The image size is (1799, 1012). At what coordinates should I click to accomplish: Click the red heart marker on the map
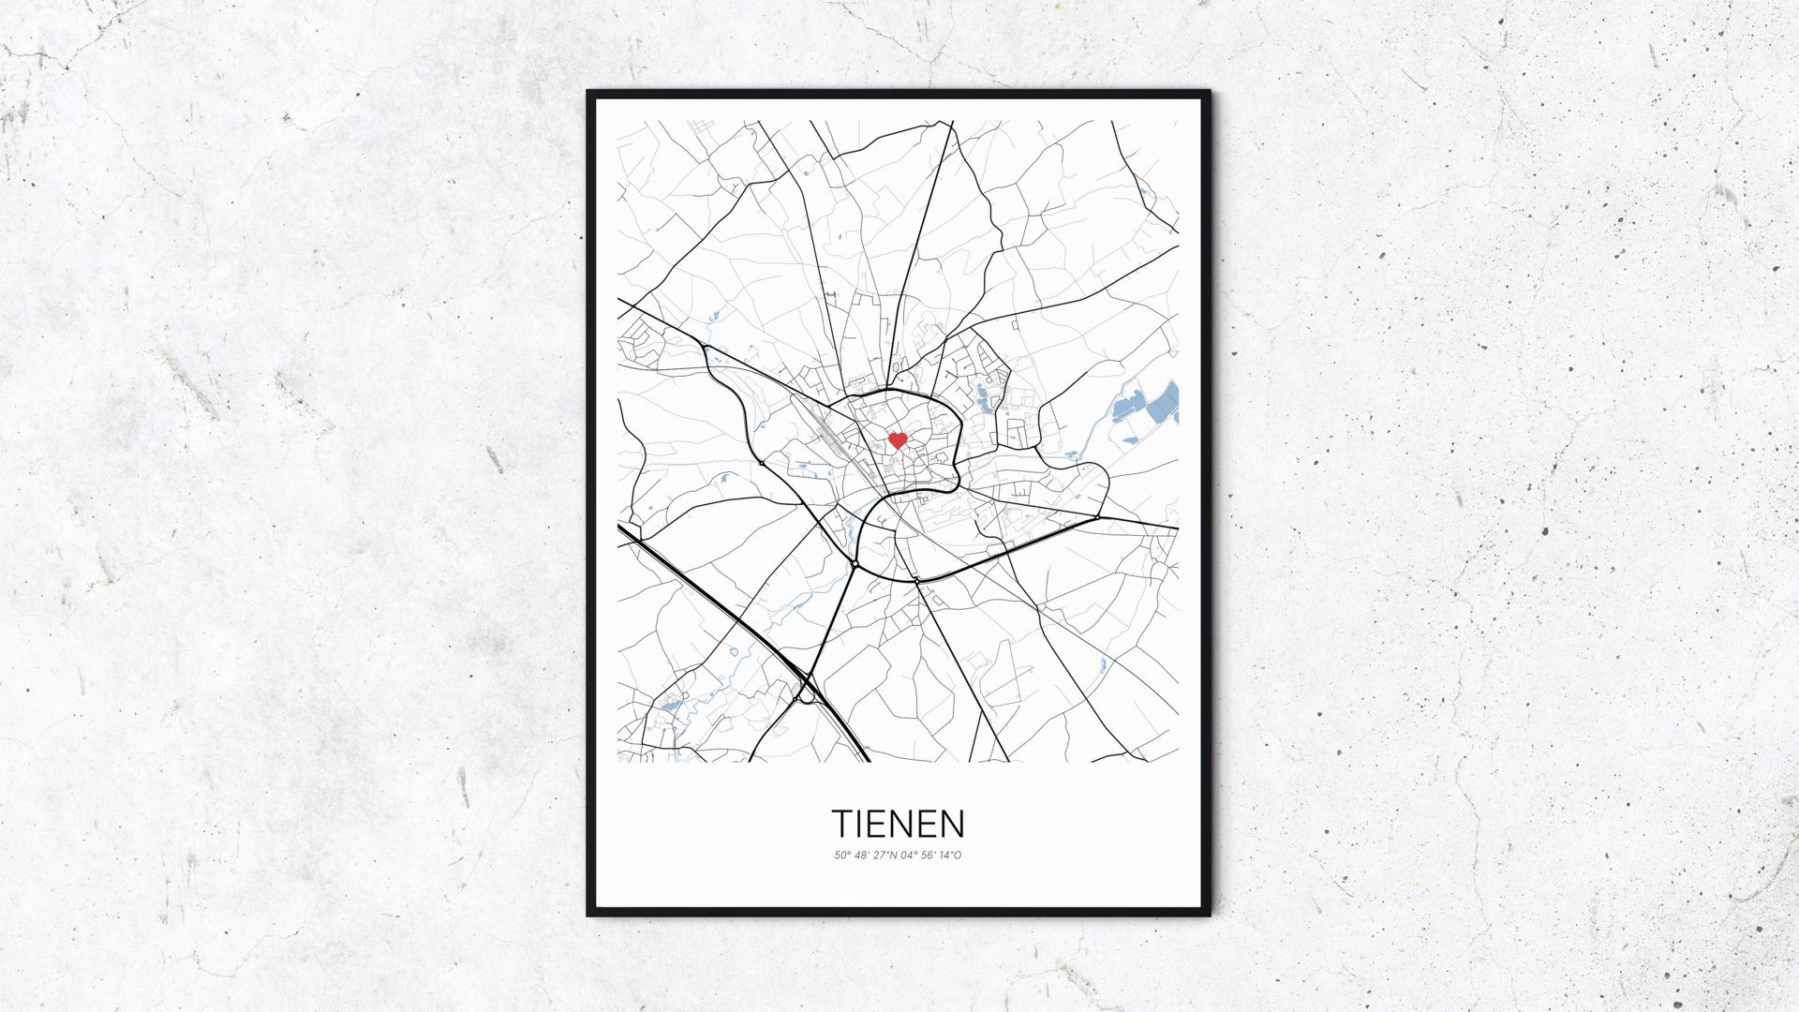coord(897,439)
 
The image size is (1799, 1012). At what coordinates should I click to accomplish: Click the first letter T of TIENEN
coord(842,824)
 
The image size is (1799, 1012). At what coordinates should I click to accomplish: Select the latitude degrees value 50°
coord(840,855)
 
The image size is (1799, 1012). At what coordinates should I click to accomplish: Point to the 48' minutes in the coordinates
coord(860,855)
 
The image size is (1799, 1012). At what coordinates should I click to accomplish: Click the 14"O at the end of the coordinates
coord(951,855)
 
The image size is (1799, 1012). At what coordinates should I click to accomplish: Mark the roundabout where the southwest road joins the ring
coord(855,563)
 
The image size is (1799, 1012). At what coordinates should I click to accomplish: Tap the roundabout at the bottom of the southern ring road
coord(915,581)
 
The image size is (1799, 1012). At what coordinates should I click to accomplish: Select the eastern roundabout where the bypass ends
coord(1097,516)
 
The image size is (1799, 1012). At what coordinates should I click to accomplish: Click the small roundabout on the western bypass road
coord(762,463)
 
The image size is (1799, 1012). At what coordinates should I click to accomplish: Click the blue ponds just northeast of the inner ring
coord(984,398)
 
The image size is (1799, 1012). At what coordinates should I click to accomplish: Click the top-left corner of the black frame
coord(589,93)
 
